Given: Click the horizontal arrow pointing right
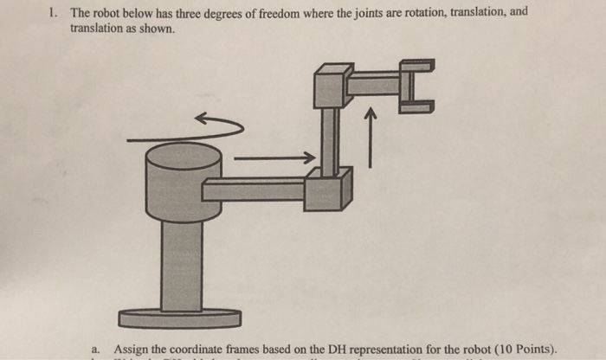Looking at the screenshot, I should coord(273,158).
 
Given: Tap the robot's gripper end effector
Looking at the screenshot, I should coord(416,87).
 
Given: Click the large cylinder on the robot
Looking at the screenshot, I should coord(184,182).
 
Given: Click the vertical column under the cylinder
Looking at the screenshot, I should coord(182,264).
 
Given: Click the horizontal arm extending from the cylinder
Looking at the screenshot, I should coord(255,190).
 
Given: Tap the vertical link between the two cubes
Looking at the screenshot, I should coord(329,138).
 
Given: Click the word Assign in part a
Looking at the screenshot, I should coord(132,349).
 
